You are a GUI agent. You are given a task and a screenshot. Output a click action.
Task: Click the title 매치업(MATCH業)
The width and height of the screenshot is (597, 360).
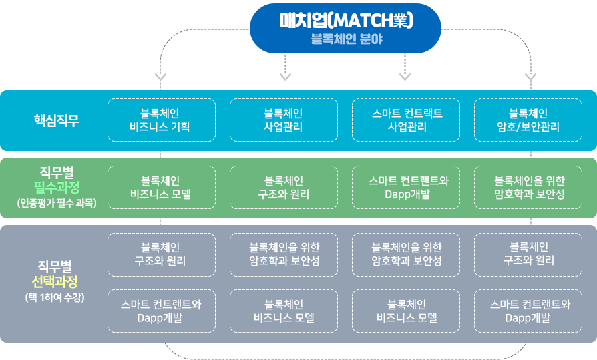point(346,20)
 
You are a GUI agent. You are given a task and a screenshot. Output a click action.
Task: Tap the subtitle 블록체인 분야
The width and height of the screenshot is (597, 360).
point(347,39)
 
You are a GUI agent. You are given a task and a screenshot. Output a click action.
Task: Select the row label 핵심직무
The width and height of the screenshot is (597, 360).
point(56,120)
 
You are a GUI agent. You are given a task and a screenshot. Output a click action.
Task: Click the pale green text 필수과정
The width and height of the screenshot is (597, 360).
point(56,187)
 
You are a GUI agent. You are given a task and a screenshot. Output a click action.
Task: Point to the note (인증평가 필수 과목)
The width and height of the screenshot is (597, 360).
point(57,203)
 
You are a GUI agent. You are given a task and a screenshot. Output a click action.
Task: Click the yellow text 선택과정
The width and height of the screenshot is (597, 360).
point(55,282)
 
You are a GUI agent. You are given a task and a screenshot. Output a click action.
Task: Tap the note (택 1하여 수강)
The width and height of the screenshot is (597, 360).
point(55,297)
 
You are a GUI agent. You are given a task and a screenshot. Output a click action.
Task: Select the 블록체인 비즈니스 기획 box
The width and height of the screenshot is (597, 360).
point(162,120)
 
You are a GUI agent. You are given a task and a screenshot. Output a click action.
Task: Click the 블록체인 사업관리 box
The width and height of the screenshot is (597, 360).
point(284,120)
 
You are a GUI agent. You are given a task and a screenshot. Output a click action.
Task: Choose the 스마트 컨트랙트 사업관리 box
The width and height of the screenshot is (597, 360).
point(406,120)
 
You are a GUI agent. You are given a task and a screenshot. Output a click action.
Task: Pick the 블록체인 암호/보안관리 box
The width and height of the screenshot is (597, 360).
point(528,120)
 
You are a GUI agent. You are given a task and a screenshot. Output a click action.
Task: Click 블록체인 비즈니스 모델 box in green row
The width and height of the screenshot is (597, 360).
point(162,188)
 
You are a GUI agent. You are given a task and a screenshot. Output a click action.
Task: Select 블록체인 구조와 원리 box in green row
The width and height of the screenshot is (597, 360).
point(284,188)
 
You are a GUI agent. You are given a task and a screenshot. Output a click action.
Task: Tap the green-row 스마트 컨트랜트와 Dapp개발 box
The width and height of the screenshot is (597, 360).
point(406,188)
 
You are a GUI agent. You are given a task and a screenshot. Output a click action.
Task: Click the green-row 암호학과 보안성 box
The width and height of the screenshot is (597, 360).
point(528,188)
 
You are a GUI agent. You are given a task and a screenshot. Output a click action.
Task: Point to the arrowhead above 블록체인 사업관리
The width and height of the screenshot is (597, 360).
point(285,77)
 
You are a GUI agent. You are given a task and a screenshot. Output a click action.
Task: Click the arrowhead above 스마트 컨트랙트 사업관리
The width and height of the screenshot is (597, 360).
point(405,77)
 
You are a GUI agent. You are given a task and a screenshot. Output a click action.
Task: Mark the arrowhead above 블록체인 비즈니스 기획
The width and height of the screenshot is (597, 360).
point(160,77)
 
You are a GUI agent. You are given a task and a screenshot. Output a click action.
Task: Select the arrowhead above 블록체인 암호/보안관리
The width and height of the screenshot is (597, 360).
point(530,77)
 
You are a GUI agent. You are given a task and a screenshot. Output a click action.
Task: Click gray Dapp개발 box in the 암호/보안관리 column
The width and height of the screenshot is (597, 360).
point(528,311)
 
